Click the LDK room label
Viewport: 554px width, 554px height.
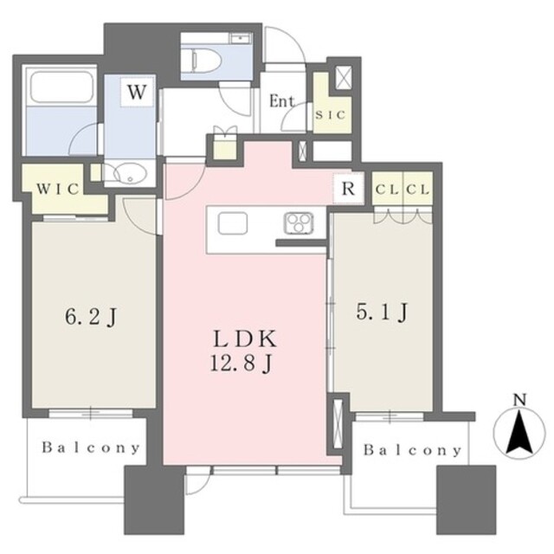coord(244,339)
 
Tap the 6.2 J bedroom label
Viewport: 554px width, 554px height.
coord(90,317)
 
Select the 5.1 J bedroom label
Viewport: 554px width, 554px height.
coord(382,312)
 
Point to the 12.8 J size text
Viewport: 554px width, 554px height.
coord(242,363)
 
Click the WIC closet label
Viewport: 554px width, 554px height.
coord(58,189)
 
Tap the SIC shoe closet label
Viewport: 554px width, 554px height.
coord(330,115)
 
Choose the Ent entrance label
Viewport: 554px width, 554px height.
coord(281,101)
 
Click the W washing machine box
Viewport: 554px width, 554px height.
coord(137,91)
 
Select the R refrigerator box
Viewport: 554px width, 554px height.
coord(348,189)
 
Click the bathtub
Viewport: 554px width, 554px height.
coord(61,87)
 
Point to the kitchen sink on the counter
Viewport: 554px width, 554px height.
coord(233,223)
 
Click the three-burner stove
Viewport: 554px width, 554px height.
coord(299,223)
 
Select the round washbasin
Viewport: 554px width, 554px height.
coord(130,174)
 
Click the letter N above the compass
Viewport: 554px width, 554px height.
coord(519,400)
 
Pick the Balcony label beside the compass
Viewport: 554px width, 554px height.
coord(413,450)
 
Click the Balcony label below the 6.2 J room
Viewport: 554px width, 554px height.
coord(91,448)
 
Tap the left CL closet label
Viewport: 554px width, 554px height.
coord(387,190)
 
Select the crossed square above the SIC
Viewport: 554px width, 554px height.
coord(343,77)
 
